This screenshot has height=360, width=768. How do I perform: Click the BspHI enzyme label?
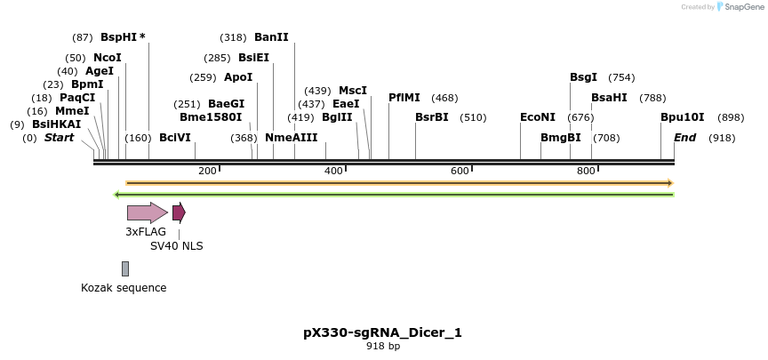pos(119,37)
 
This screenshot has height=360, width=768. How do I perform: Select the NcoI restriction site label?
pos(108,58)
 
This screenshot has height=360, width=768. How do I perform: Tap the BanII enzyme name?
pos(271,37)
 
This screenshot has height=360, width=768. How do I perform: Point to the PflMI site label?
pos(404,98)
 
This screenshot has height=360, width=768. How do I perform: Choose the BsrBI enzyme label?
pos(432,117)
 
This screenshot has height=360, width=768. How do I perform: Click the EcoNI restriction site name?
pos(538,117)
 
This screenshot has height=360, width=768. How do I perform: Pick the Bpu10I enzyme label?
pos(682,117)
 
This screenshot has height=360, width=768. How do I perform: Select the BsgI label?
pos(583,77)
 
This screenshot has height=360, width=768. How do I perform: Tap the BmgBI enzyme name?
pos(561,138)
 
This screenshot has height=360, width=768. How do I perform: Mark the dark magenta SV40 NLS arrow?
pos(179,212)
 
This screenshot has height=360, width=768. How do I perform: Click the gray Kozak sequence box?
pos(125,268)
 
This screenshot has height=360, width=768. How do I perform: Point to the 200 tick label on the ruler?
pos(207,171)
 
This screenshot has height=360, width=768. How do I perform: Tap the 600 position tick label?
pos(460,171)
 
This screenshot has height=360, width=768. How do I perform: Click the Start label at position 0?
pos(59,138)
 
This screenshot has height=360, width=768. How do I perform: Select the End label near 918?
pos(684,138)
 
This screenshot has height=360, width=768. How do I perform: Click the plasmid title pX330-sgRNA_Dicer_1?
pos(382,332)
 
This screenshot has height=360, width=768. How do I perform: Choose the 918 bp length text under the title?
pos(382,346)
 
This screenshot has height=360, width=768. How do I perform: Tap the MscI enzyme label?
pos(353,91)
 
